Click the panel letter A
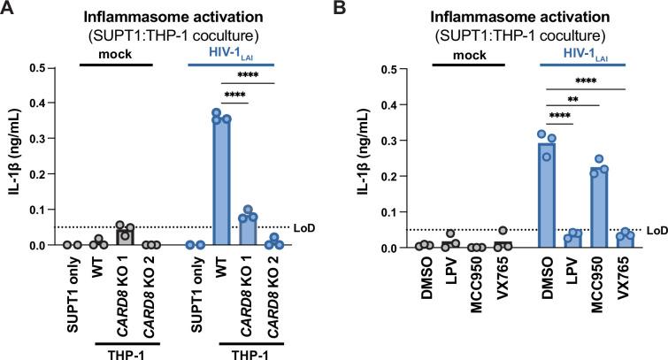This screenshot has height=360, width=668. (8, 10)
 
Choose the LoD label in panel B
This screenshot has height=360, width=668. (654, 231)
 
